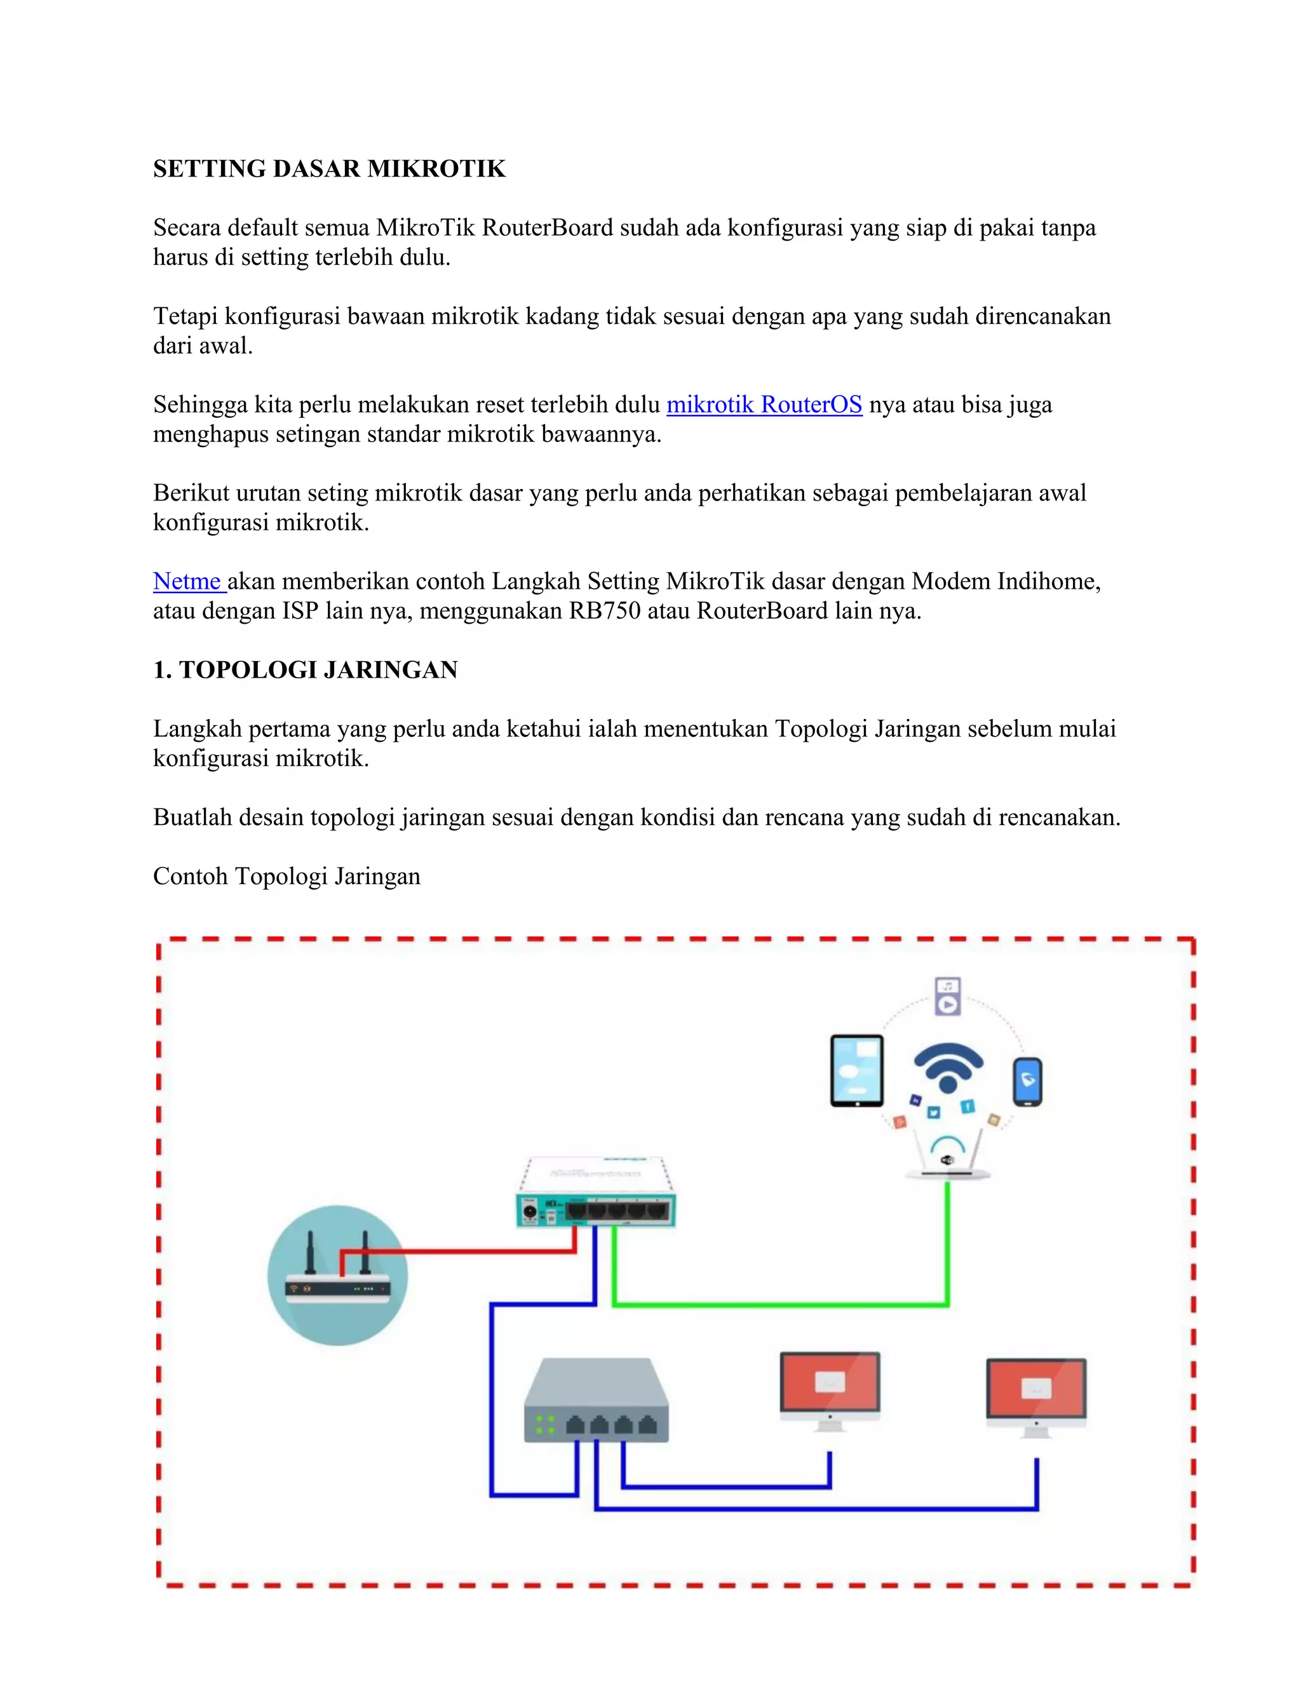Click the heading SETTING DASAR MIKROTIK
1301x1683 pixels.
click(x=329, y=169)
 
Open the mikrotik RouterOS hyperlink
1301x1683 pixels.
click(x=763, y=405)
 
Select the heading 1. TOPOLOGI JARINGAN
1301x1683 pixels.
click(x=305, y=669)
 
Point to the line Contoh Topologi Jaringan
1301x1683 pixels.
click(x=286, y=876)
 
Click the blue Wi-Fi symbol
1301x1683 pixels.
click(x=948, y=1068)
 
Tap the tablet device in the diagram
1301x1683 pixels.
click(x=856, y=1071)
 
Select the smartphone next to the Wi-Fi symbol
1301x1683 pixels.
click(x=1027, y=1082)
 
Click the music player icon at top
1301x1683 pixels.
click(x=948, y=996)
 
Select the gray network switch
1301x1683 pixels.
click(x=596, y=1401)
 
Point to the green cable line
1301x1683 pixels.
click(x=778, y=1304)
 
